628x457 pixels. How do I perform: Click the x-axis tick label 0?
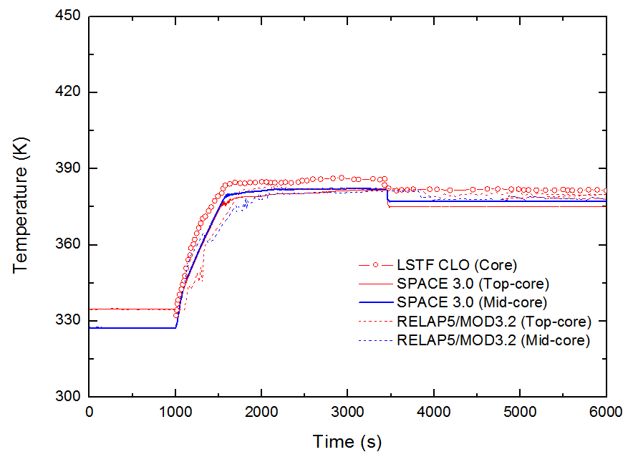[90, 413]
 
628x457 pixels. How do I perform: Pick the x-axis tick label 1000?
[175, 413]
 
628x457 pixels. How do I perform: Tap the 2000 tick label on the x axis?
[261, 413]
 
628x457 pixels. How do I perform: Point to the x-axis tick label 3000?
[348, 413]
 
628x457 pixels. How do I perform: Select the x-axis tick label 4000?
[434, 413]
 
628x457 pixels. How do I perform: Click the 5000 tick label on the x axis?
[521, 413]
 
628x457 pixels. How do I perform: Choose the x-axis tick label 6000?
[606, 413]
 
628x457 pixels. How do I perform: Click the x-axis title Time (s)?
[347, 442]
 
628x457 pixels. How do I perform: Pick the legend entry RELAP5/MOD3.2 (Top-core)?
[493, 321]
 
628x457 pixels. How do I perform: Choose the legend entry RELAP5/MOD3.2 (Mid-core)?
[493, 340]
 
